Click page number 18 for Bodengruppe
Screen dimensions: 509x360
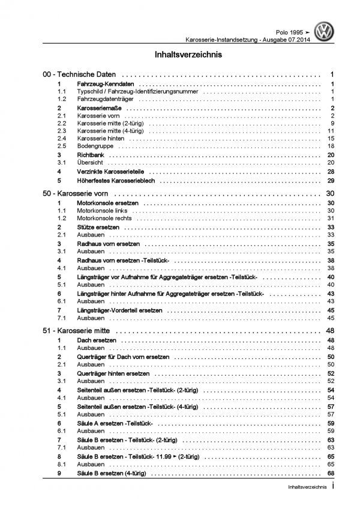click(x=330, y=146)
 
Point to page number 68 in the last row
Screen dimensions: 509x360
click(x=330, y=473)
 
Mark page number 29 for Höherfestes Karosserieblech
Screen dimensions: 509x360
click(x=330, y=180)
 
